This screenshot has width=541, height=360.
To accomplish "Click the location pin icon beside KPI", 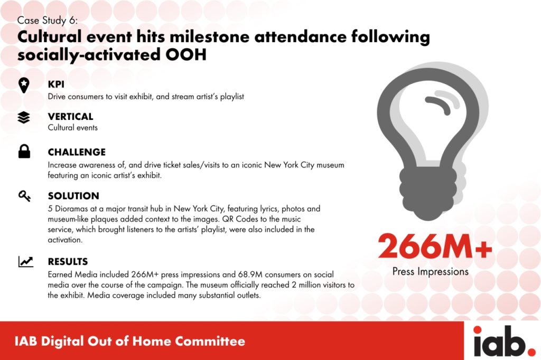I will point(23,85).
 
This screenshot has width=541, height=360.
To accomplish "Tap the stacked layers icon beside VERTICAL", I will point(23,118).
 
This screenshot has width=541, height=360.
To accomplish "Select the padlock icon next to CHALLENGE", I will point(24,152).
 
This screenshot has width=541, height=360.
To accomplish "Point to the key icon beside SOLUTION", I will point(24,196).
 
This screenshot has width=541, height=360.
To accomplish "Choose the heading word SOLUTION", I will point(73,196).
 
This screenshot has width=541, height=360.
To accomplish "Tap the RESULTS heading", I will point(68,261).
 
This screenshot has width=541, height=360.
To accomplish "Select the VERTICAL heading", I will point(70,117).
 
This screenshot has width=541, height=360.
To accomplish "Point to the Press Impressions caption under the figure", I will point(430,272).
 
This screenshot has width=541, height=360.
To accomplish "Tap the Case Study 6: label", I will point(48,21).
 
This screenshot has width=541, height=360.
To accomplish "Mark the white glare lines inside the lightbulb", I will point(441,101).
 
